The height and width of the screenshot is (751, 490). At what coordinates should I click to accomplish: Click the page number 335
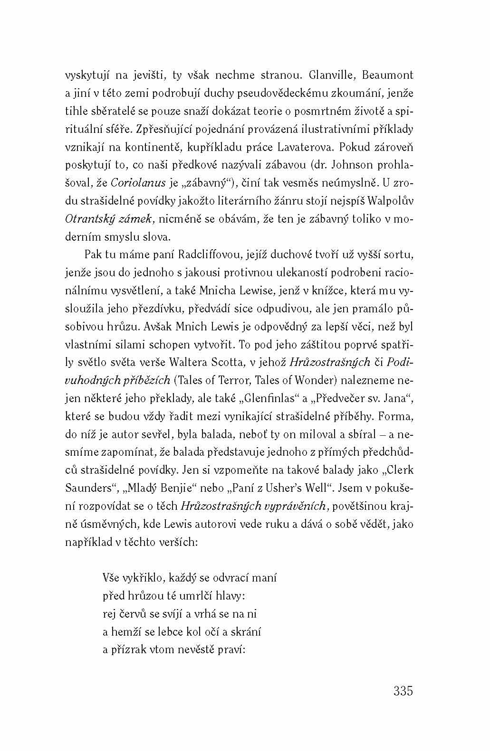coord(403,691)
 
